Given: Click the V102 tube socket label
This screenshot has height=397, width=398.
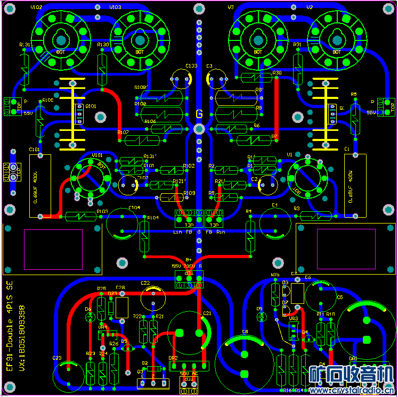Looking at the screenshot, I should tap(37, 7).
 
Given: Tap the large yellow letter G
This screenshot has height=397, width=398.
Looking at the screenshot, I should tap(199, 114).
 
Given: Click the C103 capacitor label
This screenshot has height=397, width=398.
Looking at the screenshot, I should tap(191, 66).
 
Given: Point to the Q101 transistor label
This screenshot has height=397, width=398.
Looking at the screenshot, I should tap(91, 106).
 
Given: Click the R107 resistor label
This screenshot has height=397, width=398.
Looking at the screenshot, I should tap(123, 132).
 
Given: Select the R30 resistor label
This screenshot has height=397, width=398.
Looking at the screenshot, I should tap(277, 73).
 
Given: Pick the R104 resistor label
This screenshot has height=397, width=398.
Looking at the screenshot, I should tap(153, 218).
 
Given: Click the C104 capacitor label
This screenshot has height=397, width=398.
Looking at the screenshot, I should tap(134, 208).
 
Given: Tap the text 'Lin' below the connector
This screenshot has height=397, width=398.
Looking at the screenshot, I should tap(178, 231).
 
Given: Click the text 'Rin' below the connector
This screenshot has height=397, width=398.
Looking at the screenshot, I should tap(221, 231).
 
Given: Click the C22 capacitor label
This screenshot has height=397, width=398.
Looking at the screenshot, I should tap(145, 283).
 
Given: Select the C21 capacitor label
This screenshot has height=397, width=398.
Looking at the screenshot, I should tap(207, 313).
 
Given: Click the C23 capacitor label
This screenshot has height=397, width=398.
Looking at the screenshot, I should tap(57, 358).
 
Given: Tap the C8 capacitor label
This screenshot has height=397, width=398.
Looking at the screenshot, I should tap(245, 332).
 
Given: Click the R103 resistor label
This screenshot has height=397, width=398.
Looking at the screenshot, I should tap(102, 211).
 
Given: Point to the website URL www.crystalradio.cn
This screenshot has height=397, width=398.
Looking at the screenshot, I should tap(353, 391).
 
